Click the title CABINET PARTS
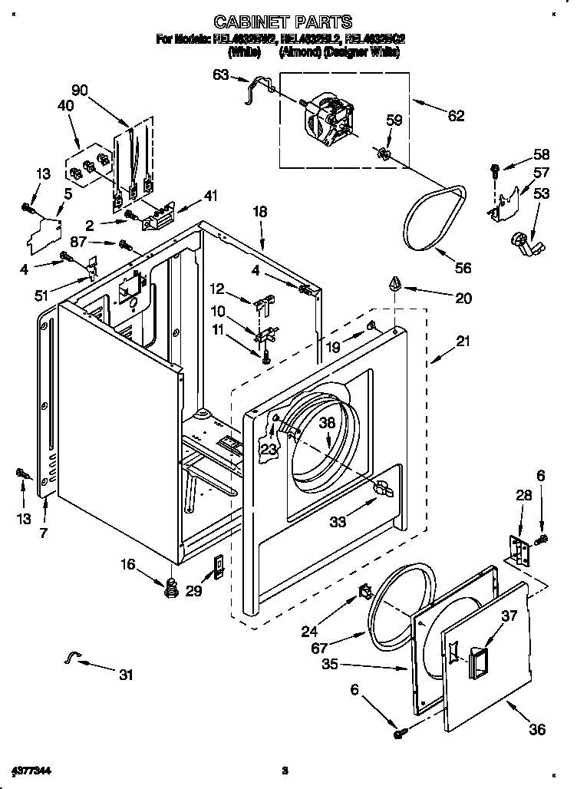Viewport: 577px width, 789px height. (283, 21)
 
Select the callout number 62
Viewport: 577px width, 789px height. (455, 116)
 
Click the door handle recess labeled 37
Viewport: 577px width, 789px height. (471, 652)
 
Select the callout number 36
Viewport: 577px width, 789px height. (537, 728)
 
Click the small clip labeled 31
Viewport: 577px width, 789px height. (73, 655)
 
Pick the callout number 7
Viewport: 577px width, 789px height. (44, 533)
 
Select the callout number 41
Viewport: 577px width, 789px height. (209, 196)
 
